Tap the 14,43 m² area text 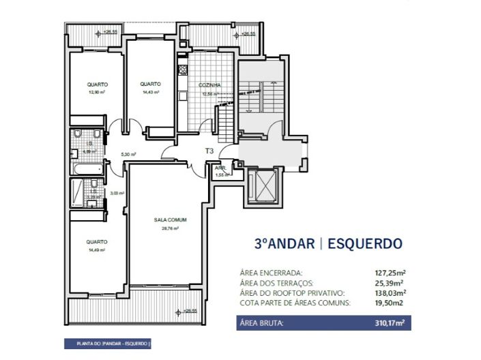[151, 92]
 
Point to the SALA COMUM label [170, 220]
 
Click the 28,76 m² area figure [170, 228]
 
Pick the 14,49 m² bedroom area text [96, 250]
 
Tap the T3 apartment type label [209, 151]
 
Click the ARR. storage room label [220, 168]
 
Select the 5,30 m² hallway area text [128, 155]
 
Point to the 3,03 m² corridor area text [117, 193]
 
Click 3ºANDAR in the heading [284, 243]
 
